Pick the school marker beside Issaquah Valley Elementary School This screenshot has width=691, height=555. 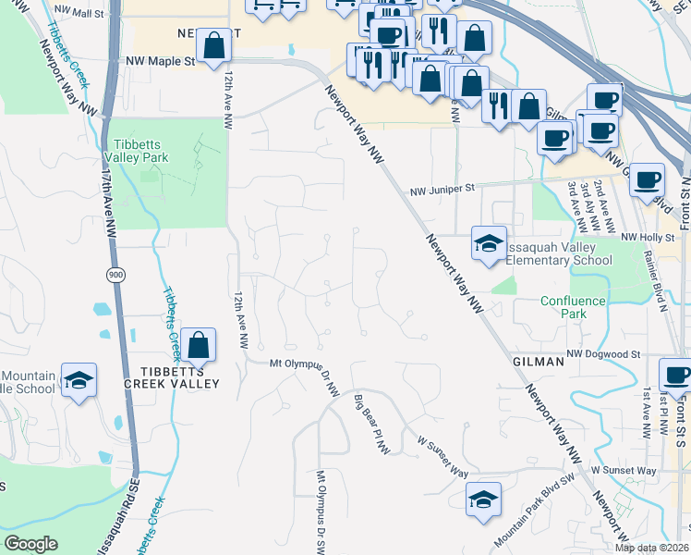tap(488, 243)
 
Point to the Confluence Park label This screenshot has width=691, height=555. tap(573, 307)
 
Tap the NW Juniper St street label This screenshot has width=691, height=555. tap(442, 188)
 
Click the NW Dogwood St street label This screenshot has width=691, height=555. tap(603, 354)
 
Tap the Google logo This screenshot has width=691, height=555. tap(30, 544)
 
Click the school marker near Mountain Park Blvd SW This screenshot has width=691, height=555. tap(483, 500)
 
